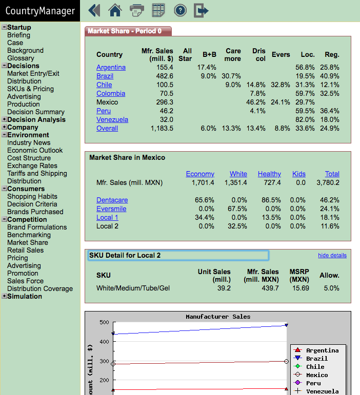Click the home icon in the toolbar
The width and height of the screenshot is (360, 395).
tap(115, 11)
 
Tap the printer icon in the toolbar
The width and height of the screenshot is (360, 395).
tap(137, 11)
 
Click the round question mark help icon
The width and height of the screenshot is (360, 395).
tap(180, 11)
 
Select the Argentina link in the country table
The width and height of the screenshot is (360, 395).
tap(111, 67)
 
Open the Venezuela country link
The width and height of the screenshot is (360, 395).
tap(112, 119)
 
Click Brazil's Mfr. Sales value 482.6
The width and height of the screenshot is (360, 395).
tap(165, 76)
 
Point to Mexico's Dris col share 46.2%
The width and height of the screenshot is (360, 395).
tap(255, 102)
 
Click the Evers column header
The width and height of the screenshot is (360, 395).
tap(281, 54)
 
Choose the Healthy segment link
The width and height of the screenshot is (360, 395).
tap(269, 174)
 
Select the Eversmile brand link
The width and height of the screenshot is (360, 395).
tap(111, 209)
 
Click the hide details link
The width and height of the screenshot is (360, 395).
tap(332, 255)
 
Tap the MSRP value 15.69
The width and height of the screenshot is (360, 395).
tap(301, 288)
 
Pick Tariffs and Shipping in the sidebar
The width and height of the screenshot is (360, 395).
tap(37, 173)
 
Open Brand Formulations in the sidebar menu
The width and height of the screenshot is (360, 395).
tap(37, 227)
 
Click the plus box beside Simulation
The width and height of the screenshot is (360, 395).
tap(4, 296)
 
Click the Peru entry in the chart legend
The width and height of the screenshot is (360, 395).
tap(313, 383)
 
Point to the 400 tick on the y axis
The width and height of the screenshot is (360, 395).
tap(104, 342)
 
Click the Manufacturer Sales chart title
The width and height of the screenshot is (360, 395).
tap(218, 317)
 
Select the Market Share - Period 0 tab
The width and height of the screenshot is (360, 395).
tap(128, 31)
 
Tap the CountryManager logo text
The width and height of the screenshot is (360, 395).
tap(40, 11)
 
